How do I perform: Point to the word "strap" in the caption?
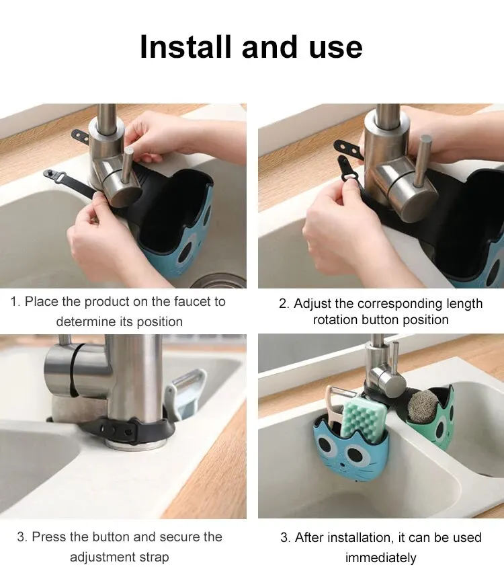click(x=155, y=557)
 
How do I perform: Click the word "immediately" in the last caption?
click(x=380, y=557)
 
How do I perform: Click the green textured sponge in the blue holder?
click(x=363, y=417)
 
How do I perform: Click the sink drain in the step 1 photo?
click(x=219, y=281)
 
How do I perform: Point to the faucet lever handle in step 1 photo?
click(x=128, y=167)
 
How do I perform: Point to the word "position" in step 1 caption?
click(x=160, y=322)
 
